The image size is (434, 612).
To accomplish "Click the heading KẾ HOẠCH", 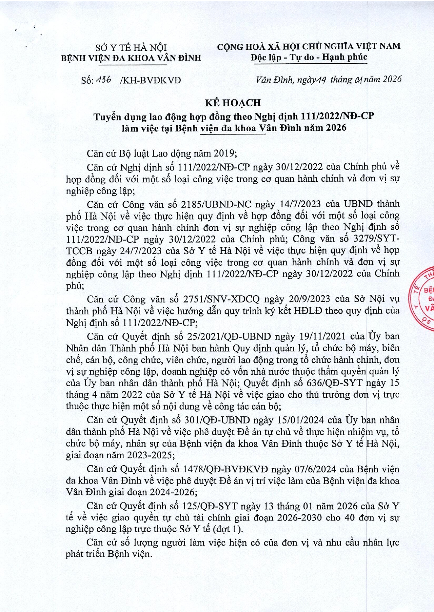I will pos(233,103).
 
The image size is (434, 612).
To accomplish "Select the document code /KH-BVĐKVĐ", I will pos(150,81).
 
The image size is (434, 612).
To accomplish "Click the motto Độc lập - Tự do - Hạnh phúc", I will pos(309,57).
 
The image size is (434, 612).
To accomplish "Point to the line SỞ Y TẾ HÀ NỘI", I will pos(131,47).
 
